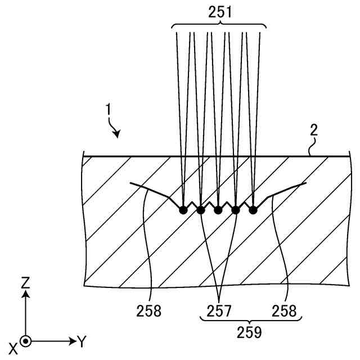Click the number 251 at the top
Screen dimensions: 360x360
(x=220, y=11)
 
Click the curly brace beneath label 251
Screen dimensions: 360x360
(x=218, y=25)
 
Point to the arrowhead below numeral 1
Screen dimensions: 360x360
(x=118, y=134)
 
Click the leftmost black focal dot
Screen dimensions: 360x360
(x=182, y=210)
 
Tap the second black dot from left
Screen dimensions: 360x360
(x=200, y=210)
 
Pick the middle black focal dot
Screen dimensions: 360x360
(x=218, y=210)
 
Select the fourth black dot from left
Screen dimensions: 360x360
(x=236, y=210)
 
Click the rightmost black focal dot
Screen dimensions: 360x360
(x=253, y=210)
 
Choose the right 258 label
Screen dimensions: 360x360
(x=284, y=310)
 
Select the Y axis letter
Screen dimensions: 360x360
(x=82, y=341)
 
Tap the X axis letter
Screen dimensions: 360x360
(x=12, y=348)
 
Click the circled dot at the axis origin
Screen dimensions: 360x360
(x=25, y=341)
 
